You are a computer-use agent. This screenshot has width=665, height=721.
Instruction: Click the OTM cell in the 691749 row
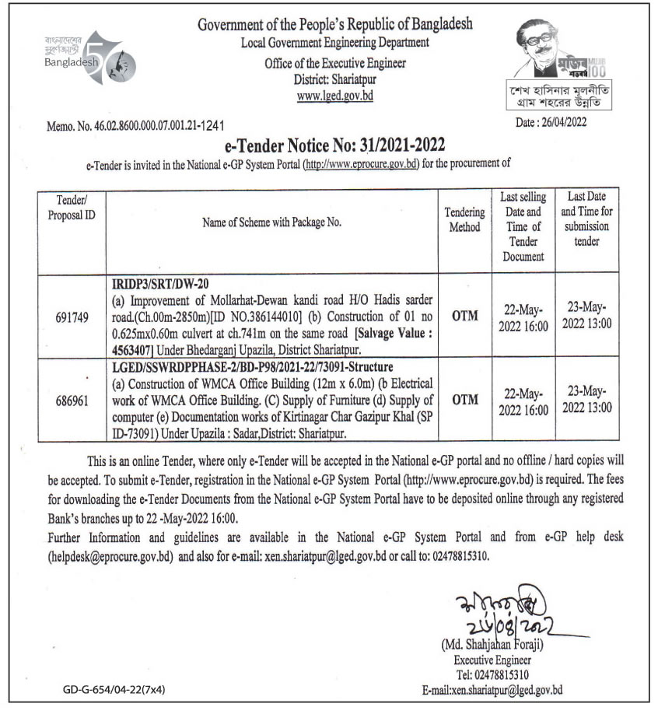pos(464,317)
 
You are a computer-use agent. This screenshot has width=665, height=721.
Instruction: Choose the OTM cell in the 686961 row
pos(464,400)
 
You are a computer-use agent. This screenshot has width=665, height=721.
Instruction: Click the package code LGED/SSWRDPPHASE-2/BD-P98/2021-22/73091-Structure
pos(264,366)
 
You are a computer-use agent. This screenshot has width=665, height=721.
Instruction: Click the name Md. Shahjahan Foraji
pos(491,644)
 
